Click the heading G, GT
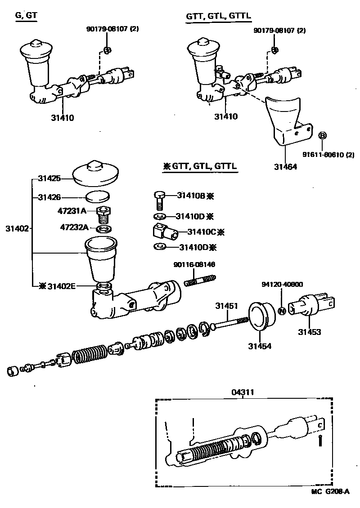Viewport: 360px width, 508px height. [x=26, y=16]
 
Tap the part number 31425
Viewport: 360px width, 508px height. [x=49, y=178]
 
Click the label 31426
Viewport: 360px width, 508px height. [x=49, y=197]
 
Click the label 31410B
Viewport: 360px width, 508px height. [x=191, y=196]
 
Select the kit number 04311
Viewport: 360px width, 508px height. [x=243, y=392]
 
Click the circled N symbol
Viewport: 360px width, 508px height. [x=282, y=311]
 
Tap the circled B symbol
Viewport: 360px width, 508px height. [x=322, y=135]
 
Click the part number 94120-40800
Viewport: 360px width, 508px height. [x=282, y=284]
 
